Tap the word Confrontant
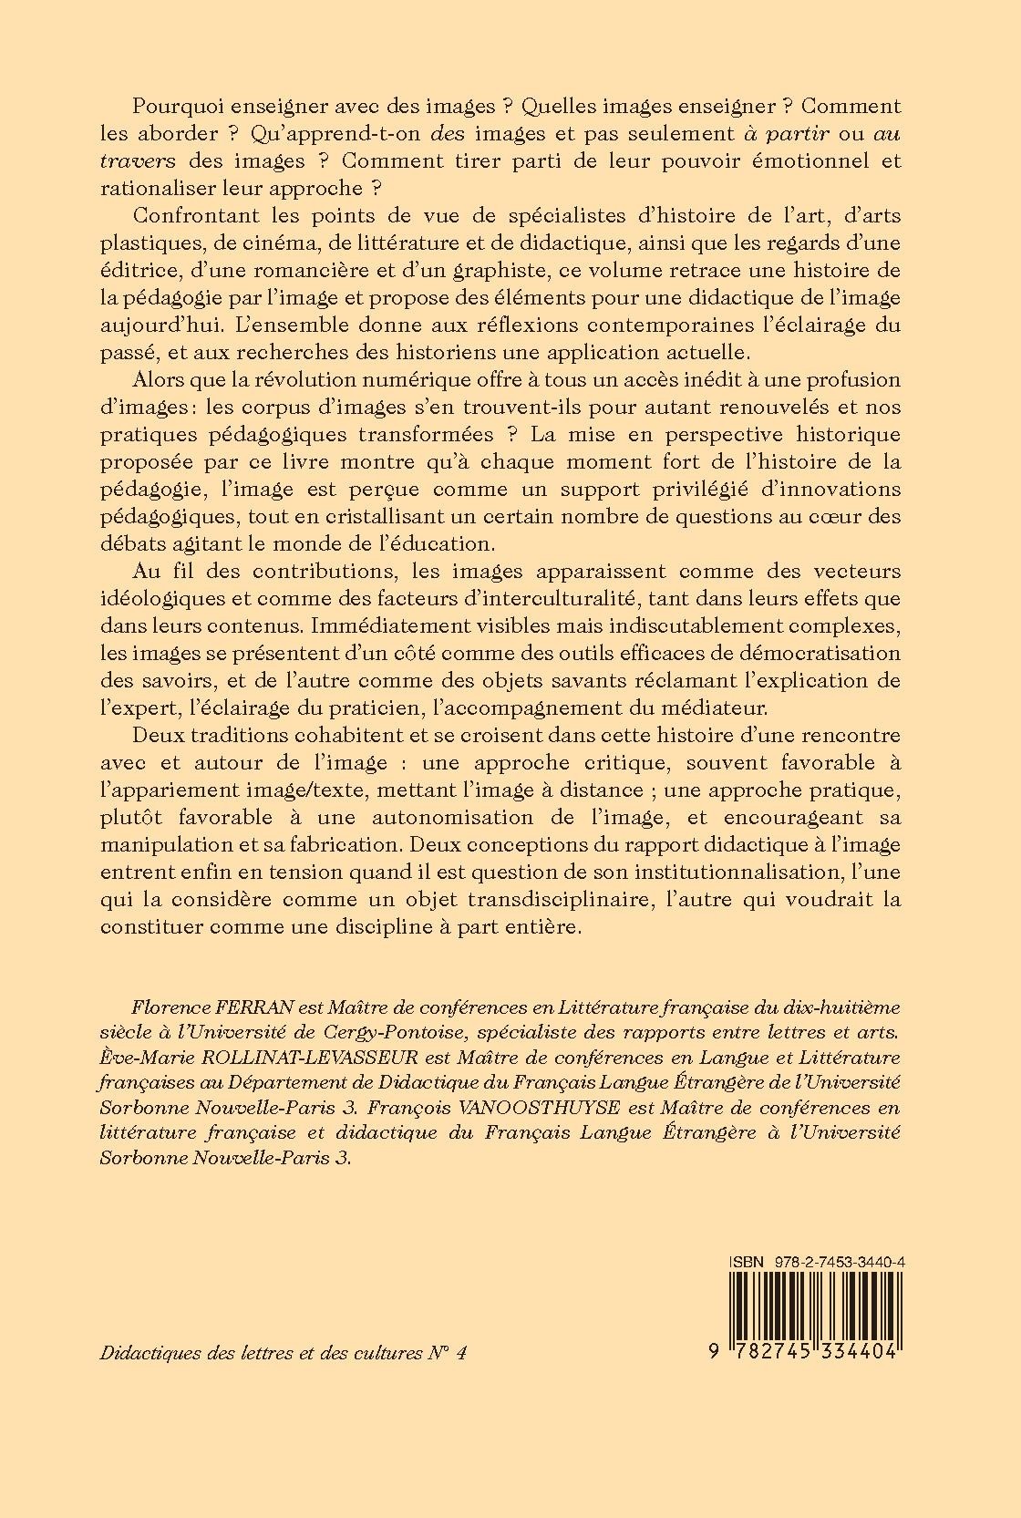(196, 217)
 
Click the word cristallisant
(367, 515)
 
